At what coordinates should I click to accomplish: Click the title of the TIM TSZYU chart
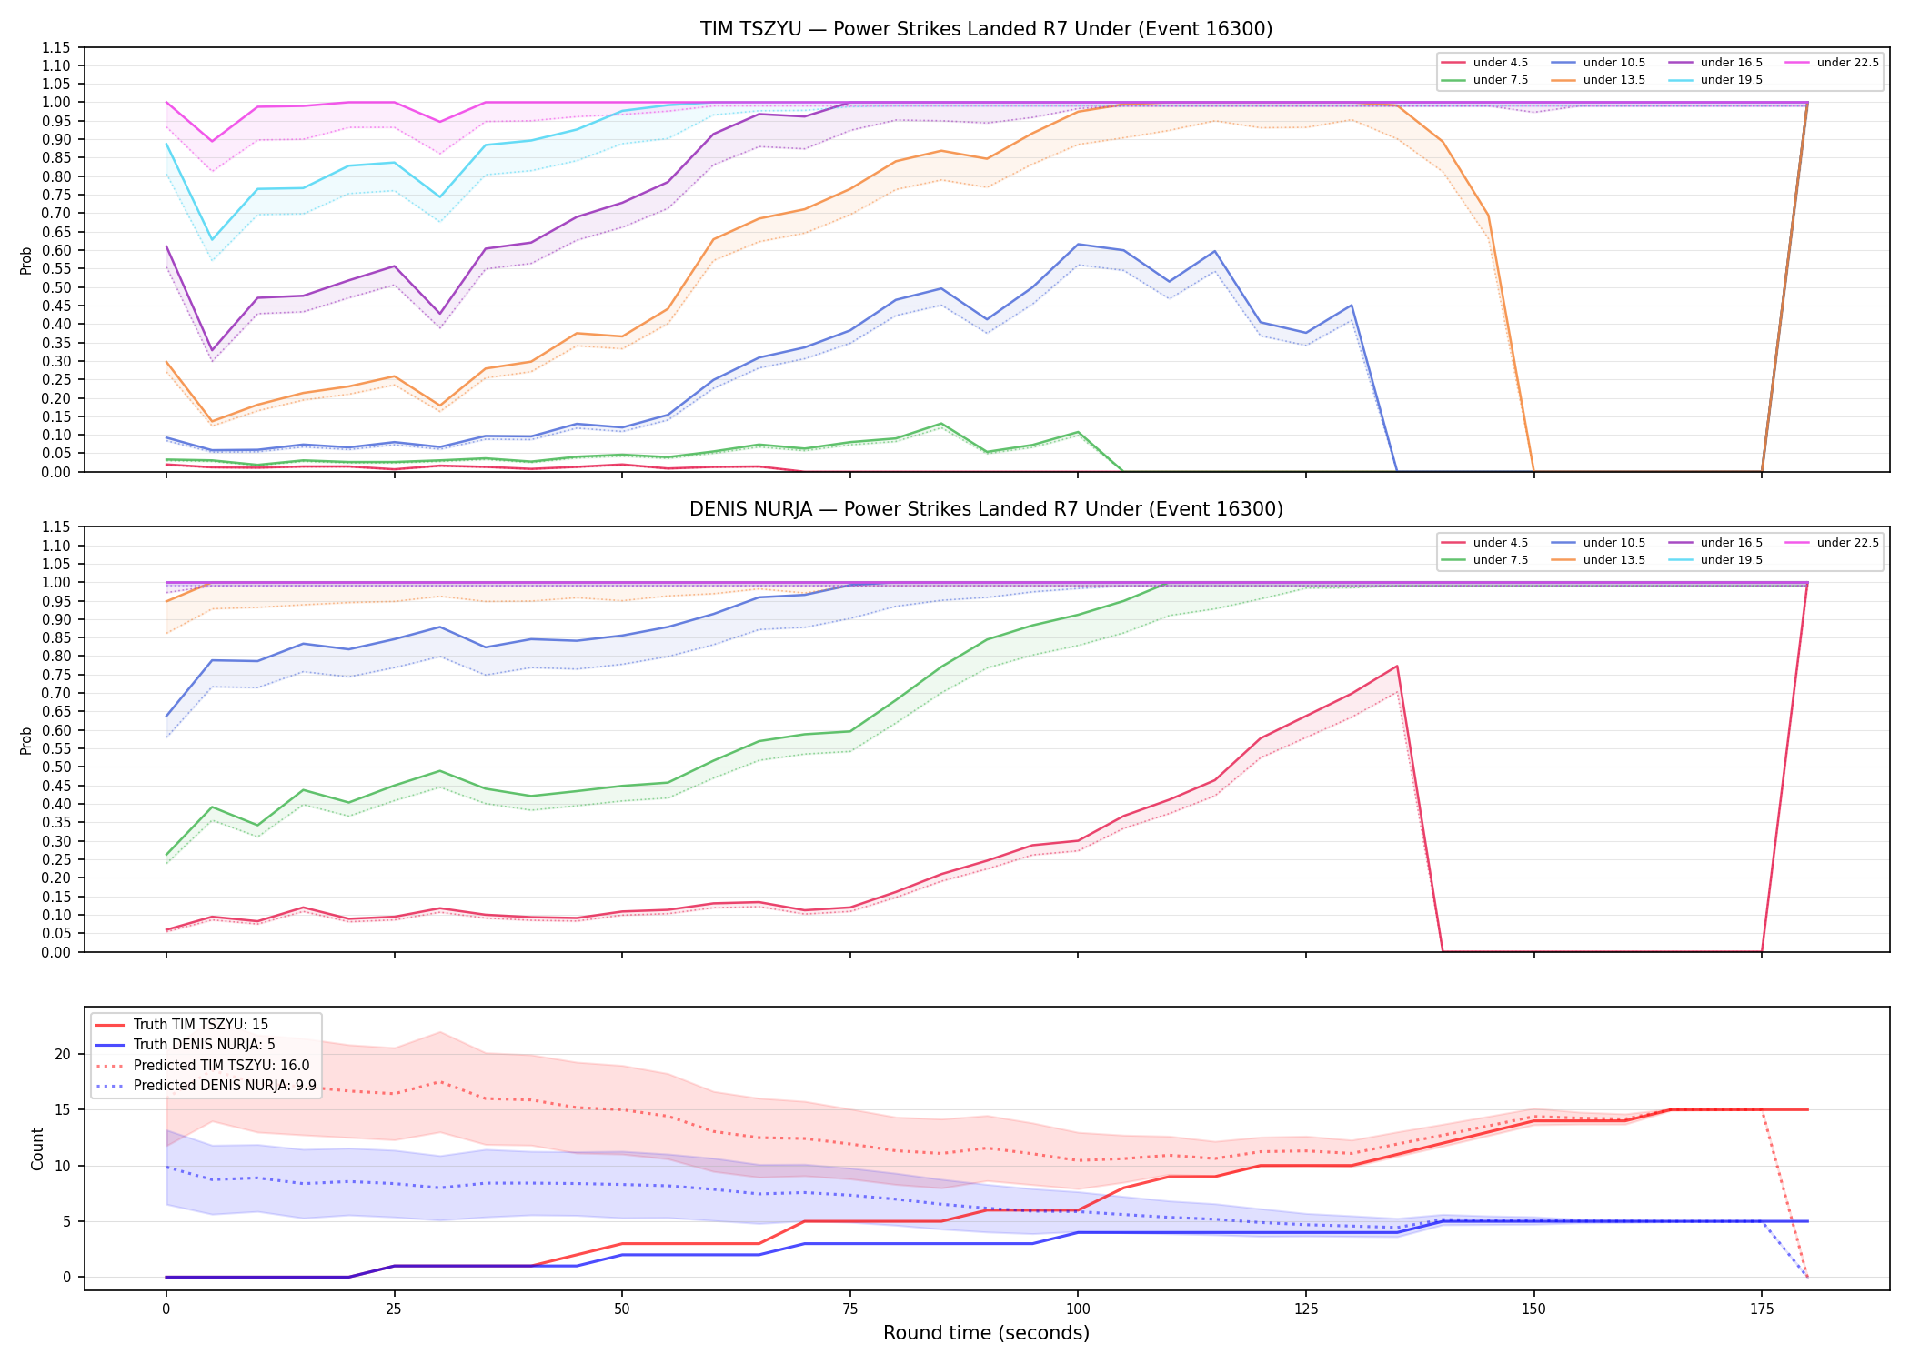pos(986,29)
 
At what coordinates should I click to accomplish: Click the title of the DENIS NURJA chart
pos(986,509)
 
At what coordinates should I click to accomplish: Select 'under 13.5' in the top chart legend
pos(1613,80)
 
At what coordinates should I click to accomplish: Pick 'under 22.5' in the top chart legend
pos(1847,63)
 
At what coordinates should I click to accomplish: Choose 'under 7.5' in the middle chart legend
pos(1500,560)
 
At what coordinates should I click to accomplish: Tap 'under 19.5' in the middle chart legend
pos(1731,560)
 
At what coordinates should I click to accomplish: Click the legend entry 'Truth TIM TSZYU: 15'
pos(200,1025)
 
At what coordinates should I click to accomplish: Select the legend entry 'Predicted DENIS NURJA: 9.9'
pos(225,1086)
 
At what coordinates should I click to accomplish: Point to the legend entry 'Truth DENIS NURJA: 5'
pos(204,1045)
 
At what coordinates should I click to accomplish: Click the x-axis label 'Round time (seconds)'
pos(986,1333)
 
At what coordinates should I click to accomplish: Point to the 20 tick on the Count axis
pos(63,1055)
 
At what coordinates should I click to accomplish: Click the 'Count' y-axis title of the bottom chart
pos(37,1148)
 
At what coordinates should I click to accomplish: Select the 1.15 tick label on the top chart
pos(56,47)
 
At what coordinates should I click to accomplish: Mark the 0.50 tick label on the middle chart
pos(56,767)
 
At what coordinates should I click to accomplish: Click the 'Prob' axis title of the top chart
pos(26,260)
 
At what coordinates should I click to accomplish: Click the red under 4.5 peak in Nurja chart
pos(1396,667)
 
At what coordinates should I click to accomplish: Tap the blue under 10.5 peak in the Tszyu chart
pos(1078,245)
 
